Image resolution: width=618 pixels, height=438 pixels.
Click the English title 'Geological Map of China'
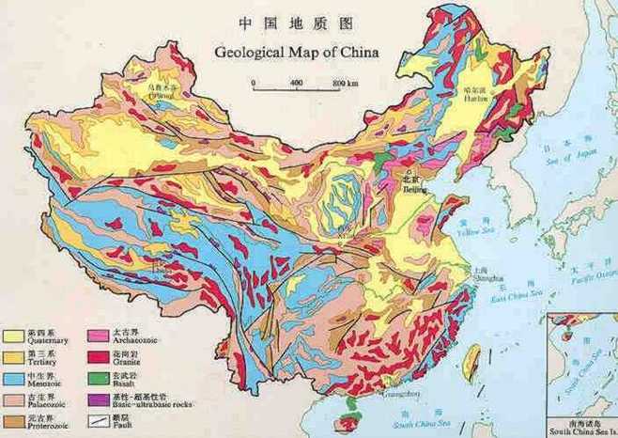296,53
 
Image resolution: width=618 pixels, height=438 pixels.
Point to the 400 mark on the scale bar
296,83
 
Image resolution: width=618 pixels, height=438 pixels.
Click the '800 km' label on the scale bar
346,83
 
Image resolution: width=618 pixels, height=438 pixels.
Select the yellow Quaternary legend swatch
14,335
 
